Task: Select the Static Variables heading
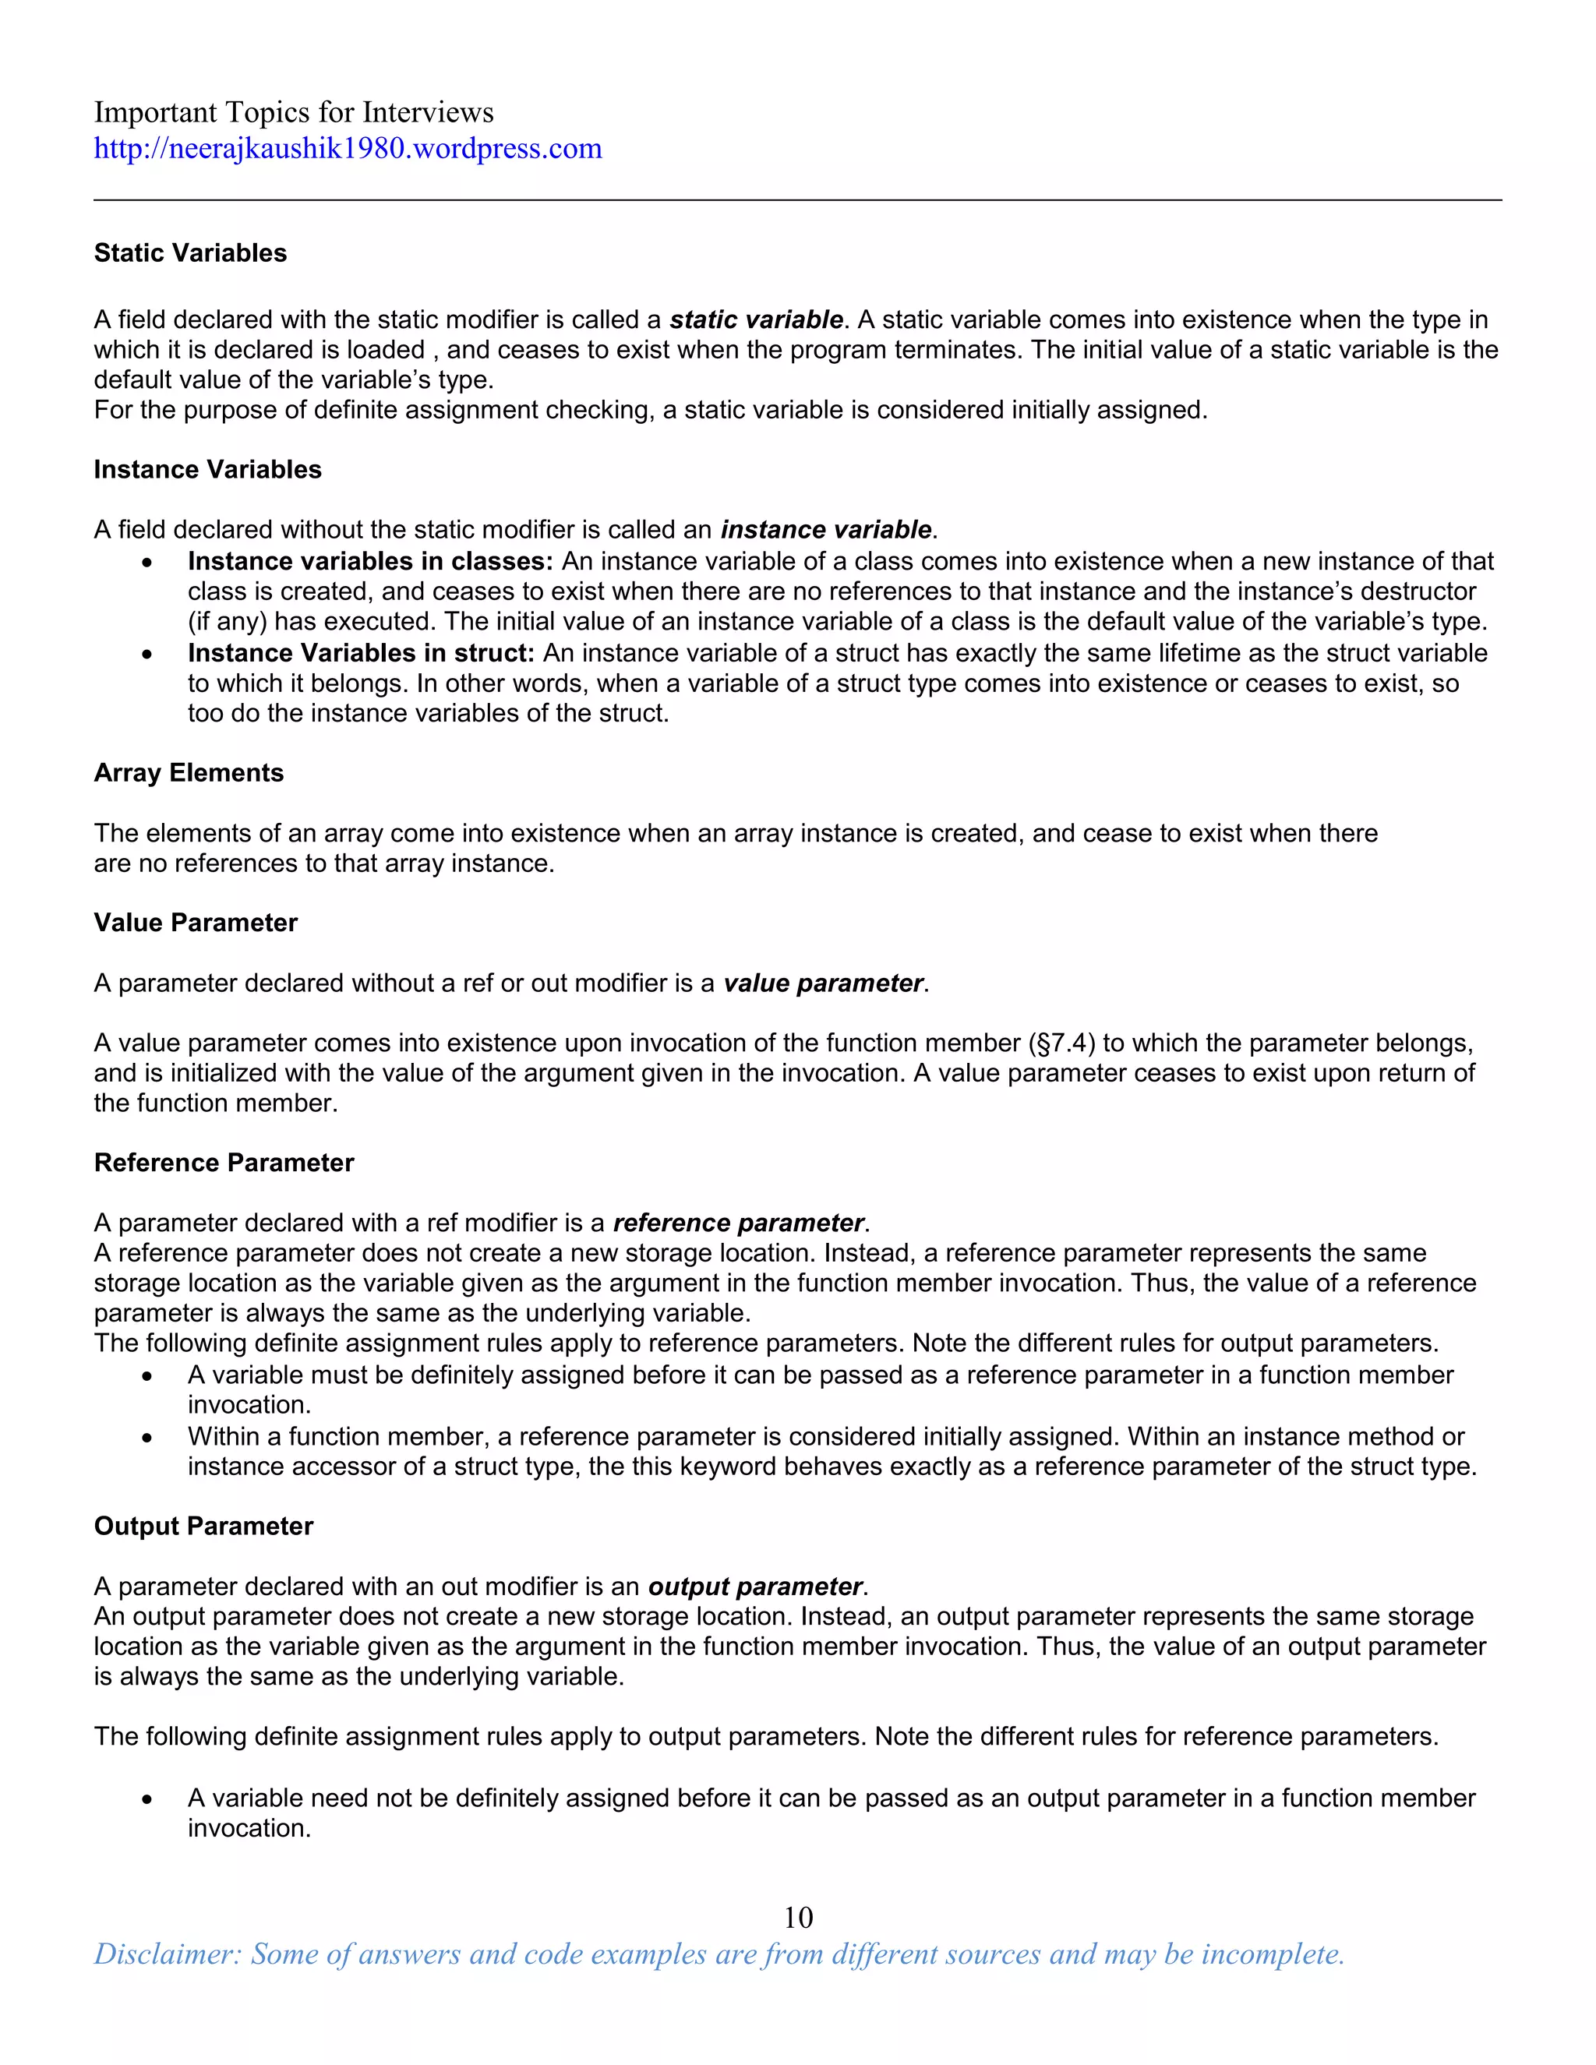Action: point(190,253)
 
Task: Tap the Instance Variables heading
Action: point(207,470)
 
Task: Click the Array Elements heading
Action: point(188,774)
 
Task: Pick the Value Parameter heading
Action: point(195,923)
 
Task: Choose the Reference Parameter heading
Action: point(223,1163)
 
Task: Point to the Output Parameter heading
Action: point(203,1527)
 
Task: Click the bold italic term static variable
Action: point(755,319)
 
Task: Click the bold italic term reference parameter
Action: point(737,1223)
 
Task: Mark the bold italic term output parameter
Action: point(754,1587)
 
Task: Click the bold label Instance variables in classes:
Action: point(369,562)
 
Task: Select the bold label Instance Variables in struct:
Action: point(361,653)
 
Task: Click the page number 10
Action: point(798,1918)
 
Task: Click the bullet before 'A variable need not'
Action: point(147,1799)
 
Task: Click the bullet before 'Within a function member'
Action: point(147,1438)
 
